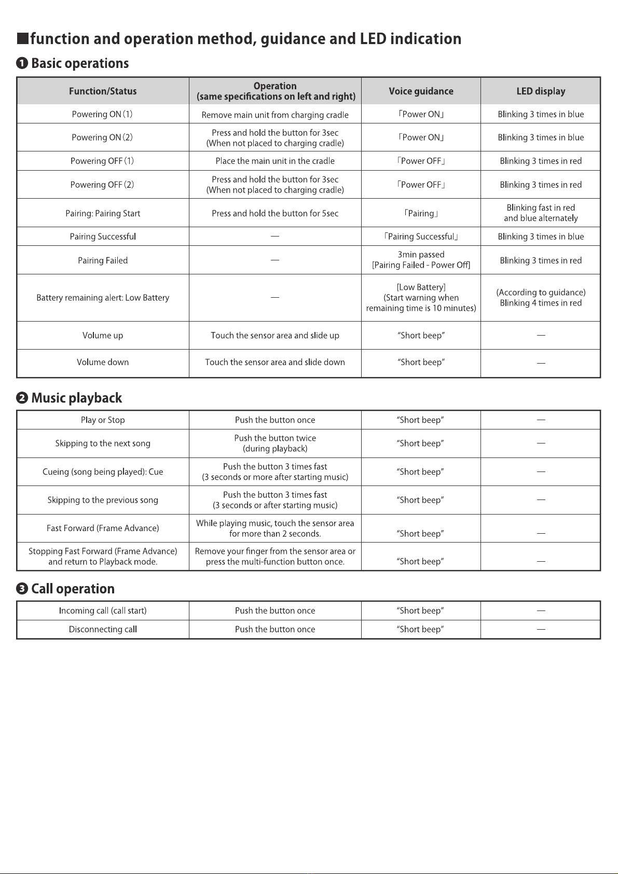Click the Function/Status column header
(x=103, y=91)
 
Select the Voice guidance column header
(x=421, y=91)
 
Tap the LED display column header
(x=541, y=91)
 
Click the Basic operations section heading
(x=80, y=63)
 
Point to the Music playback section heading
(x=76, y=398)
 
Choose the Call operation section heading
(x=73, y=589)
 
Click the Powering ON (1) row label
(x=102, y=114)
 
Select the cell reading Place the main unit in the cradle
(x=275, y=161)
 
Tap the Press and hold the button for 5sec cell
(x=275, y=213)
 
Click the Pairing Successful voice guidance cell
(x=421, y=237)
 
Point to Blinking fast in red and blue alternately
(x=541, y=213)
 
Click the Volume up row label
(x=103, y=336)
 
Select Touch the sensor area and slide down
(x=275, y=362)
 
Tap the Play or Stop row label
(x=103, y=420)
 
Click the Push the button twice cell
(x=275, y=443)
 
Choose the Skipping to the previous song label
(x=103, y=500)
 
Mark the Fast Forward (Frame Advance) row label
(x=103, y=528)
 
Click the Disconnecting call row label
(x=103, y=629)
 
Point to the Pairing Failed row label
(x=103, y=260)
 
